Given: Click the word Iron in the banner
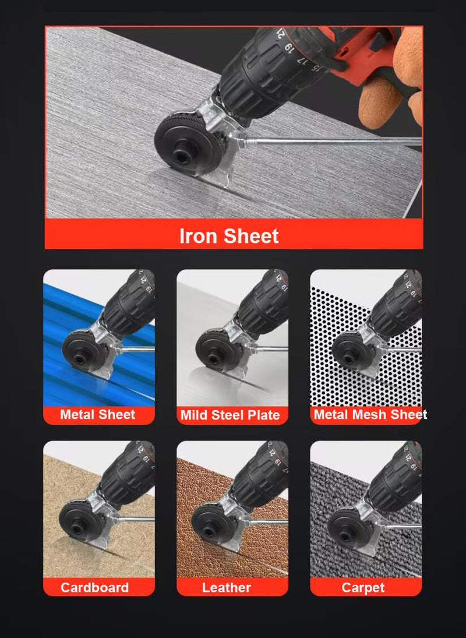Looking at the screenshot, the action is [x=199, y=236].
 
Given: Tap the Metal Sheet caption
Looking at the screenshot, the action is [x=98, y=415].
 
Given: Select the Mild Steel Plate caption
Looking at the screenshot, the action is [x=230, y=415].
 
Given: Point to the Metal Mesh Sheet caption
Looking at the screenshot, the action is [x=370, y=415].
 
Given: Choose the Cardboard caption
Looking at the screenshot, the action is [x=95, y=587].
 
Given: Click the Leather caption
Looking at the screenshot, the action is [x=227, y=587].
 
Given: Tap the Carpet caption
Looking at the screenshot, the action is [x=363, y=587].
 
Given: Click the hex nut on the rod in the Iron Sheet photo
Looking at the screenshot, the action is [x=241, y=142].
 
